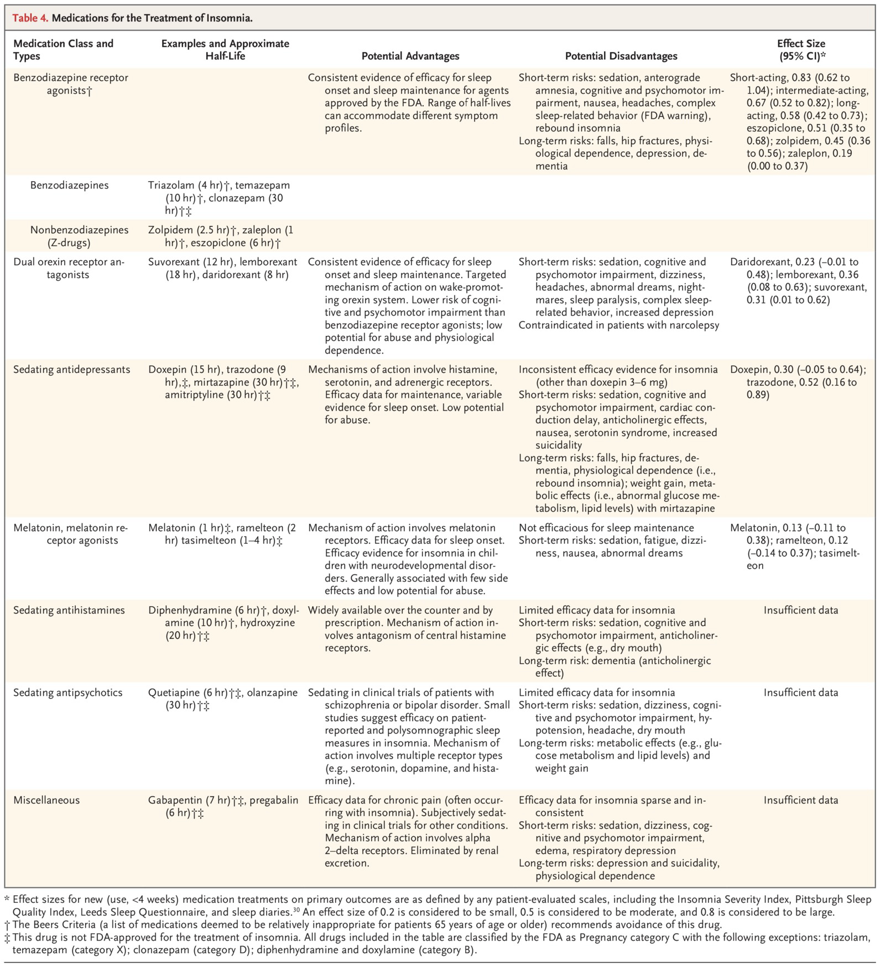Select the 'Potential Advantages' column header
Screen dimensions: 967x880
tap(410, 56)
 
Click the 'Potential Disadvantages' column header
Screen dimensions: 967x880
tap(621, 56)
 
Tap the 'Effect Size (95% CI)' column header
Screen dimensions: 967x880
tap(801, 50)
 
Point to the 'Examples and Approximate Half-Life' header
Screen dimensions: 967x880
tap(225, 50)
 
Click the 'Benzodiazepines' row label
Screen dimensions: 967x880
tap(70, 185)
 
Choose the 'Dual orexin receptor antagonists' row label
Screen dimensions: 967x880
tap(69, 268)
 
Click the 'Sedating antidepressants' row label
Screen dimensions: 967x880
tap(64, 369)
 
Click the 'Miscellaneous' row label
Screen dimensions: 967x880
tap(46, 800)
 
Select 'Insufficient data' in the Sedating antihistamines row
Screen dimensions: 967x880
tap(801, 610)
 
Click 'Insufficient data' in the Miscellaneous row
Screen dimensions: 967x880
tap(801, 800)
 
